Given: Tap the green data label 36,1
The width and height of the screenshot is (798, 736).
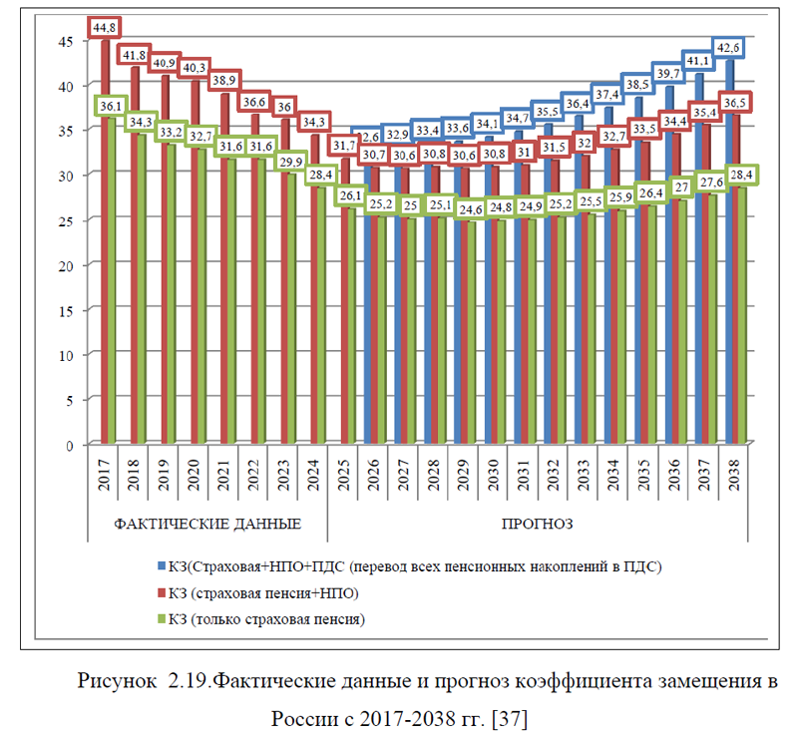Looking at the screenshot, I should tap(112, 105).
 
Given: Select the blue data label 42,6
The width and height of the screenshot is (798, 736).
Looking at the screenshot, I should tap(728, 48).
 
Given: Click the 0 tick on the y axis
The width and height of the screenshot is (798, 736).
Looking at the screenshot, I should tap(68, 445).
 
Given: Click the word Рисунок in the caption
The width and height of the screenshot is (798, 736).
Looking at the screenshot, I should tap(116, 683).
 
